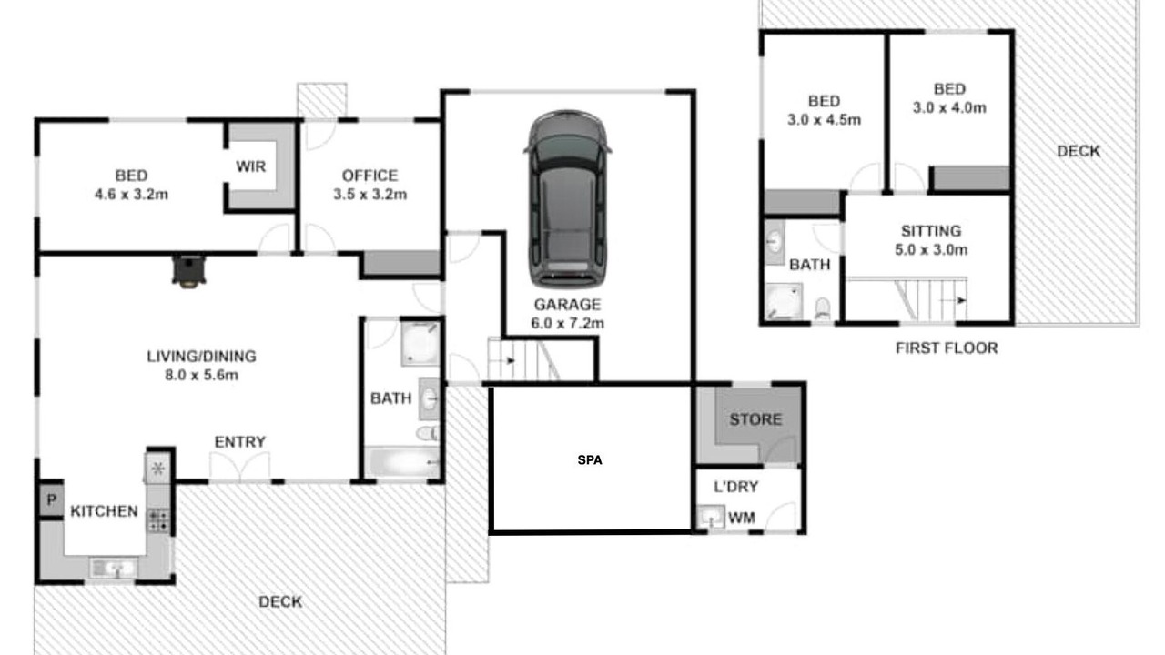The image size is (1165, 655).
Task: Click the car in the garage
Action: coord(567,198)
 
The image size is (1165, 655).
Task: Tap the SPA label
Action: coord(590,460)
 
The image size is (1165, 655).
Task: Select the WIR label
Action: coord(250,166)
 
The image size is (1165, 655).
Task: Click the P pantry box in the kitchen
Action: coord(52,500)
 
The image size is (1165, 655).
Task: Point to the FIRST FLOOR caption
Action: coord(947,348)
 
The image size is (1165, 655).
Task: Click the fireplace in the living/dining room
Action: coord(188,271)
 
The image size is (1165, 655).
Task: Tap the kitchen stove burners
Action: coord(158,520)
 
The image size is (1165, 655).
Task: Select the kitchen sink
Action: coord(115,568)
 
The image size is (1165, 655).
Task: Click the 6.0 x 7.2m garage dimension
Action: coord(567,323)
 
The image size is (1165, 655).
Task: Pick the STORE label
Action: coord(755,419)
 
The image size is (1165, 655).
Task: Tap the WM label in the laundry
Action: coord(742,518)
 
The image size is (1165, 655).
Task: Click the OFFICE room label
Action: coord(370,176)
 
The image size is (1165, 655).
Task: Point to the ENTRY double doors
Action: coord(239,467)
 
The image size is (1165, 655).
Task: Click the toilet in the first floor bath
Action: coord(822,308)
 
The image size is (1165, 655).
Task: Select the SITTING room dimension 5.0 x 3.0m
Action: coord(931,250)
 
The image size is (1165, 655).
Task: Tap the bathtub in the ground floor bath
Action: coord(402,462)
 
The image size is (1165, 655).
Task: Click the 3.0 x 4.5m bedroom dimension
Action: coord(824,120)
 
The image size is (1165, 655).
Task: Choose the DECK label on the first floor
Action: coord(1079,151)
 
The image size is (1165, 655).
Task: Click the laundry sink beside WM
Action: coord(711,517)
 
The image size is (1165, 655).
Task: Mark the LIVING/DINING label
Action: coord(202,357)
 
